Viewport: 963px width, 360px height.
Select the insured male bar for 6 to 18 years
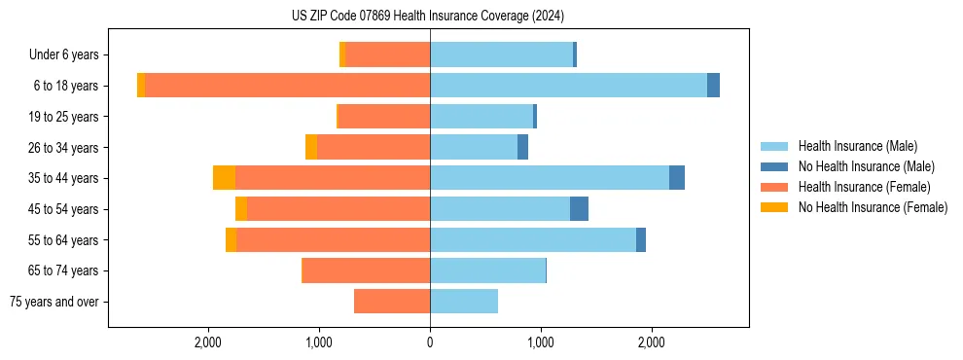pyautogui.click(x=568, y=86)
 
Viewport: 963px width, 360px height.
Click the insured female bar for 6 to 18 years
pyautogui.click(x=287, y=86)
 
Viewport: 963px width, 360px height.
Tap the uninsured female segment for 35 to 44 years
pyautogui.click(x=224, y=178)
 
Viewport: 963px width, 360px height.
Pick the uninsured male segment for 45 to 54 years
pyautogui.click(x=579, y=209)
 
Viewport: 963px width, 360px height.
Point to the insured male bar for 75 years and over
pyautogui.click(x=464, y=302)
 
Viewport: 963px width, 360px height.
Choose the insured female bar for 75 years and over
pyautogui.click(x=392, y=302)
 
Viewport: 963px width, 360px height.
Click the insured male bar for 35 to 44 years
pyautogui.click(x=550, y=178)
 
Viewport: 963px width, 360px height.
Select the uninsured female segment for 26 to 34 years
pyautogui.click(x=311, y=147)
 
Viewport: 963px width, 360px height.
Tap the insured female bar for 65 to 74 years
pyautogui.click(x=367, y=270)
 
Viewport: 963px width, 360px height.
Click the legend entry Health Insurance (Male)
pyautogui.click(x=857, y=146)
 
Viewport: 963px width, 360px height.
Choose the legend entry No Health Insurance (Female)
pyautogui.click(x=873, y=207)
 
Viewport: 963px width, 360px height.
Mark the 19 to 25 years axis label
pyautogui.click(x=63, y=117)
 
